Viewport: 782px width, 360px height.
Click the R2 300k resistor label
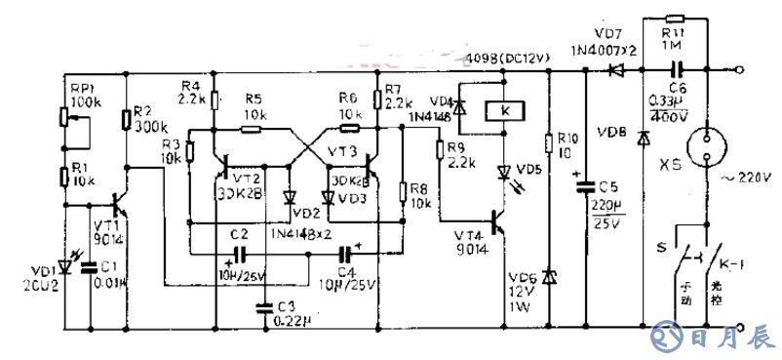148,118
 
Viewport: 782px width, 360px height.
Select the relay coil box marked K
505,109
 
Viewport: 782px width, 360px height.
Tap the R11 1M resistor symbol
674,19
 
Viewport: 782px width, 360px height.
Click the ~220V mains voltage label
746,177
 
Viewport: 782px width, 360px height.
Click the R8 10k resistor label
420,196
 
